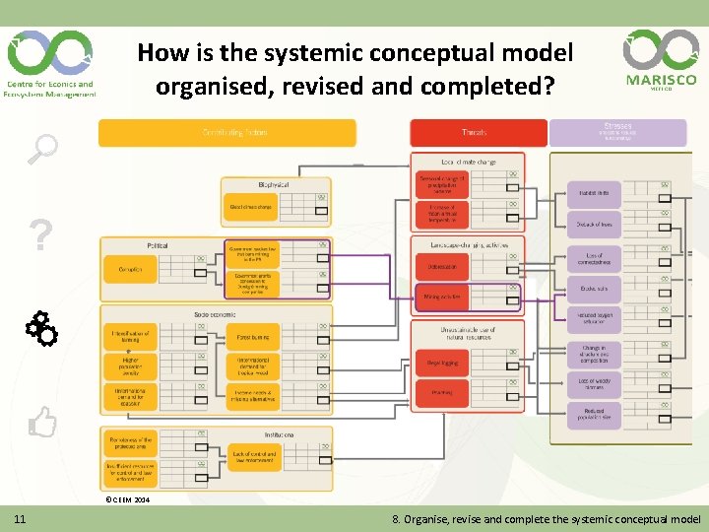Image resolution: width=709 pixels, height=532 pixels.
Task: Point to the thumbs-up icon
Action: pos(42,424)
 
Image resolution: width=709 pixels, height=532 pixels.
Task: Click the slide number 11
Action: pos(20,519)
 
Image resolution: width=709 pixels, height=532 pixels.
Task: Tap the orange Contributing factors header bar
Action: pos(227,133)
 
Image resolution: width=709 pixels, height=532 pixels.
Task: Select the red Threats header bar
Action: pos(478,133)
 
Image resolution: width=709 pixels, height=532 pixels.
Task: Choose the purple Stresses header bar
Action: pos(617,133)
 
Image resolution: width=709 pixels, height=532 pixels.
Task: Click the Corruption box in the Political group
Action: pos(130,269)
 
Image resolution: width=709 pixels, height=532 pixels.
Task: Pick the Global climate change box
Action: pos(250,208)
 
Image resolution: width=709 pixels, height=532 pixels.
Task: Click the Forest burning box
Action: pos(253,338)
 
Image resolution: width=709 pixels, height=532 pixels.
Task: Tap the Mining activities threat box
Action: pos(442,297)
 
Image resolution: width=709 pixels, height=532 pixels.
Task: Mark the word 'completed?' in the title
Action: pos(487,86)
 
